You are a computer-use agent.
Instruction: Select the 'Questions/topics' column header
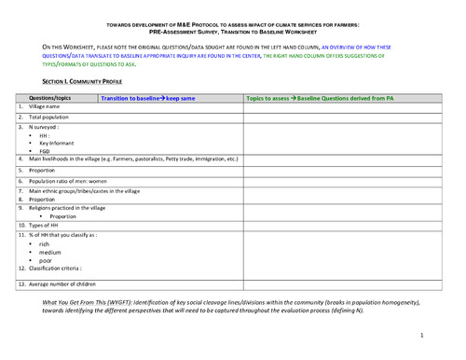click(x=50, y=98)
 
